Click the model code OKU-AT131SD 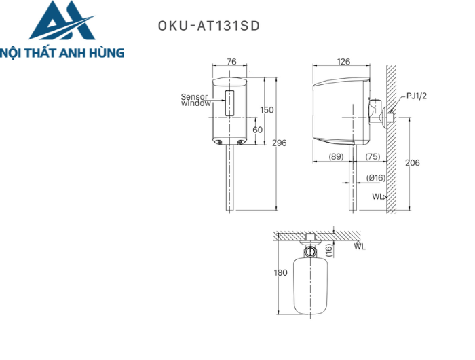208,26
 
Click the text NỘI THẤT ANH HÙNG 62,52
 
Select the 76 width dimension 231,62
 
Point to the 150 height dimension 267,110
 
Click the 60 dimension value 258,129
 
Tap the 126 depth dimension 343,62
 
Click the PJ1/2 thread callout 417,96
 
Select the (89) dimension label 336,156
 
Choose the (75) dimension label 372,156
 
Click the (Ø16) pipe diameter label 375,177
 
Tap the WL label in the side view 377,196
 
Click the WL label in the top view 359,247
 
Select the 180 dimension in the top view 280,272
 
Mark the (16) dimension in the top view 328,249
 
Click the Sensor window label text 195,100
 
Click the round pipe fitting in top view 310,251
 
